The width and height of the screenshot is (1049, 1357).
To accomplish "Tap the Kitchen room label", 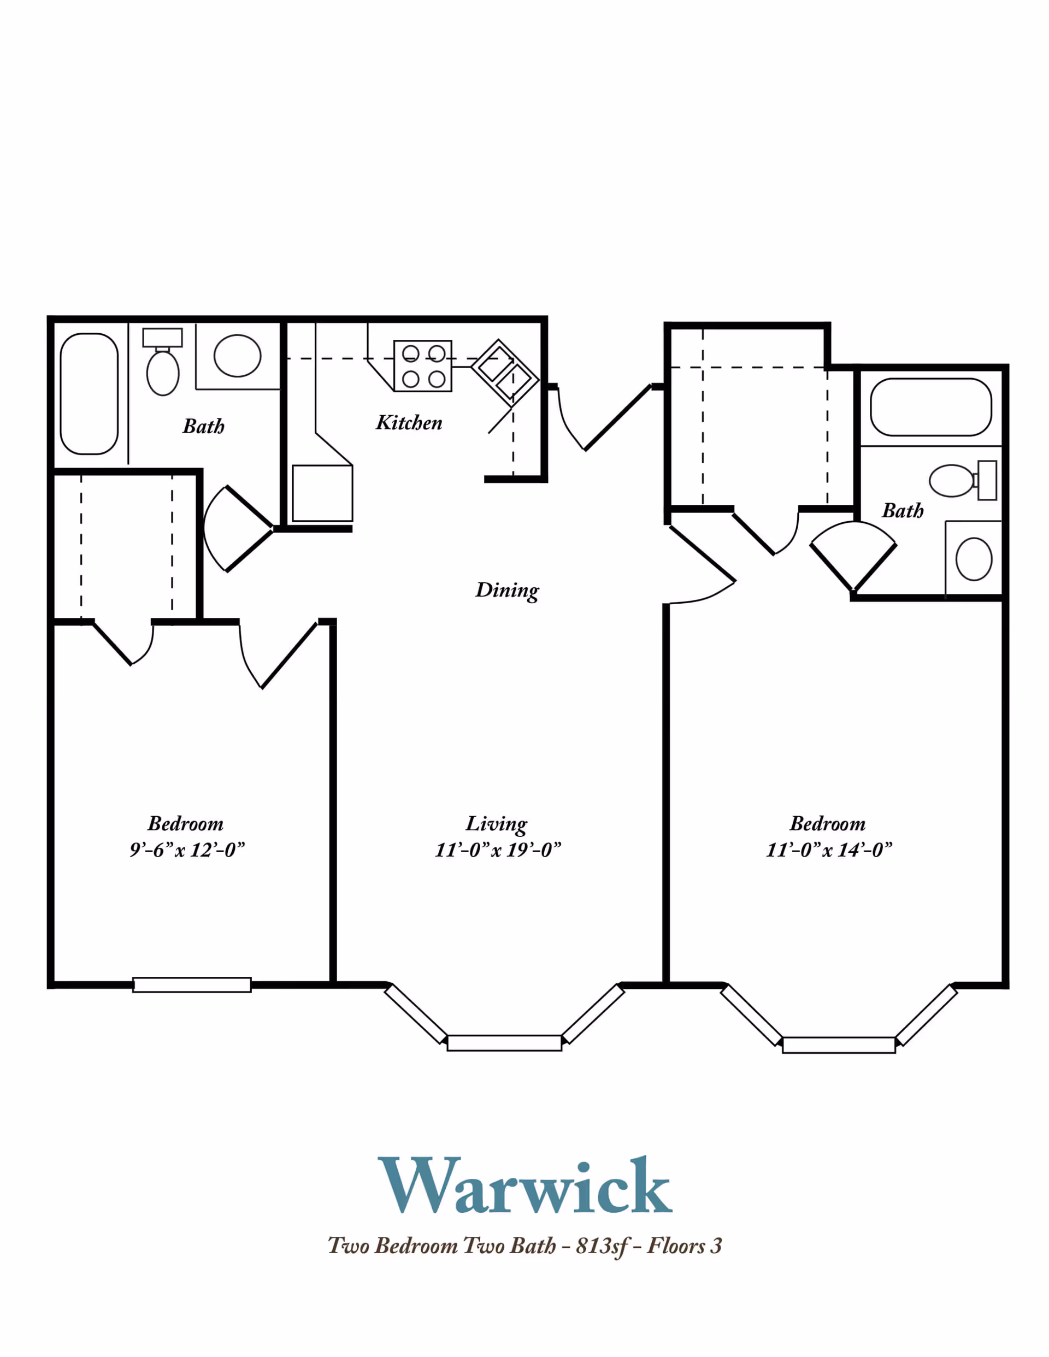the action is pos(409,422).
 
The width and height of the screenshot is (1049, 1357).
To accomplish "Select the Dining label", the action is pos(507,589).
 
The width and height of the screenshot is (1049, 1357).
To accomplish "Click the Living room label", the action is pos(497,824).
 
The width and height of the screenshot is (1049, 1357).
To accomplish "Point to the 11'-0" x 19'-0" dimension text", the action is pos(498,849).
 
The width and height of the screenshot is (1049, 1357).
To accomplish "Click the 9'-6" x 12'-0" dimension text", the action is pos(187,849).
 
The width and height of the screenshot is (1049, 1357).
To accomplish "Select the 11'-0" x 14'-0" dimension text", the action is pos(829,849).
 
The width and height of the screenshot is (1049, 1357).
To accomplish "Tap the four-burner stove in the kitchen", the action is pos(422,366).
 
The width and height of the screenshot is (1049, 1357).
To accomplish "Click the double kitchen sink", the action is pos(505,373).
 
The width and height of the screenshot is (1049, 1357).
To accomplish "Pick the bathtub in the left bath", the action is pos(89,394).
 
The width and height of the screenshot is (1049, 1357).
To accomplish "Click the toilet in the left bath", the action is pos(163,362).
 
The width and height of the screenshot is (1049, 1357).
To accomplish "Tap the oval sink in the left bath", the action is pos(238,356).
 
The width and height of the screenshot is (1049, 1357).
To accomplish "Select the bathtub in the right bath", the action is pos(931,407).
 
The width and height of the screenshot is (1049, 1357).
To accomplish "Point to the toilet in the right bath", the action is pos(963,480).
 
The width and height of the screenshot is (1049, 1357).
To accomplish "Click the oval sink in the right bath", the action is pos(974,559).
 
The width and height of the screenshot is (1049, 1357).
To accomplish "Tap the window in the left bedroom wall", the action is pos(192,985).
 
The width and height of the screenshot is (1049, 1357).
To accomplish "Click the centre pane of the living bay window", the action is pos(505,1042).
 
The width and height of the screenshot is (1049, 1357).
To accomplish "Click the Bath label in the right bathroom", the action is pos(903,511).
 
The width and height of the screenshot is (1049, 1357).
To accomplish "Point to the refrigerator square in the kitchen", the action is pos(322,493).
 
